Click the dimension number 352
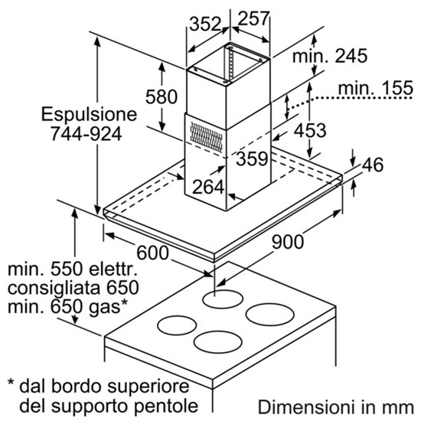[205, 24]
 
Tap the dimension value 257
[253, 18]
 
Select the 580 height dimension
[162, 96]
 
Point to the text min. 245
[330, 56]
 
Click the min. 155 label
[376, 87]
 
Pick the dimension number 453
[310, 130]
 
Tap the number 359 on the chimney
[252, 158]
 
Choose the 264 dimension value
[208, 187]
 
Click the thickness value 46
[373, 165]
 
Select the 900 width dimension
[288, 242]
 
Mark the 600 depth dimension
[153, 253]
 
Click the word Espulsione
[89, 114]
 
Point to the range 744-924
[86, 134]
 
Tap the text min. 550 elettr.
[73, 269]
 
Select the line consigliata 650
[73, 288]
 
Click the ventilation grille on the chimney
[207, 137]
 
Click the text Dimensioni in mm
[336, 407]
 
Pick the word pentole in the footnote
[166, 406]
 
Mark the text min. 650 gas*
[67, 307]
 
